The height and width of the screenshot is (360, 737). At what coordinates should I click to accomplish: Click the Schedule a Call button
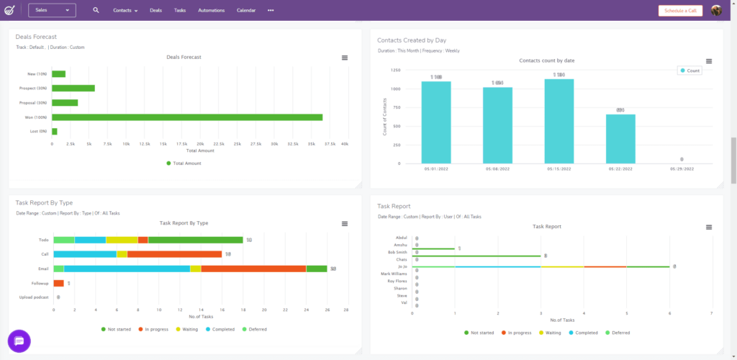[x=679, y=11]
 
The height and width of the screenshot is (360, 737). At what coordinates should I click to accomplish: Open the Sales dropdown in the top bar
[x=52, y=10]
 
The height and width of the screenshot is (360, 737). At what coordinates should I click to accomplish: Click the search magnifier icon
[x=96, y=11]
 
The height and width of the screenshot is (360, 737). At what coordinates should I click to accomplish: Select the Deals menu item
[x=155, y=11]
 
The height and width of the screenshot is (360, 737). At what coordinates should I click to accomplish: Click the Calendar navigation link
[x=246, y=11]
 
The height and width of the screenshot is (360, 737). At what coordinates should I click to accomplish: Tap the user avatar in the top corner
[x=716, y=11]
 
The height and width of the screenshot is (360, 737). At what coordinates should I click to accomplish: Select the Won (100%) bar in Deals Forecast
[x=187, y=117]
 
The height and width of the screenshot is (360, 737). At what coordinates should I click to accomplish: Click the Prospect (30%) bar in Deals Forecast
[x=73, y=89]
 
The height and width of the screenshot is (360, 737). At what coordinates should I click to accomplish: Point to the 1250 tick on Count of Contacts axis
[x=396, y=71]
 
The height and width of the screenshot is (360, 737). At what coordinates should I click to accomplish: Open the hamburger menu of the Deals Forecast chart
[x=345, y=58]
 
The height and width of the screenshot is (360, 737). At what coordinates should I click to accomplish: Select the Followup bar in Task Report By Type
[x=58, y=283]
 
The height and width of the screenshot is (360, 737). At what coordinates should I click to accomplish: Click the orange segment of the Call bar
[x=174, y=254]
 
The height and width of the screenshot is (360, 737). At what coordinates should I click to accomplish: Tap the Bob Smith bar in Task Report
[x=476, y=256]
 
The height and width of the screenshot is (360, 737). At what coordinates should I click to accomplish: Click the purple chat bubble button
[x=19, y=341]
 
